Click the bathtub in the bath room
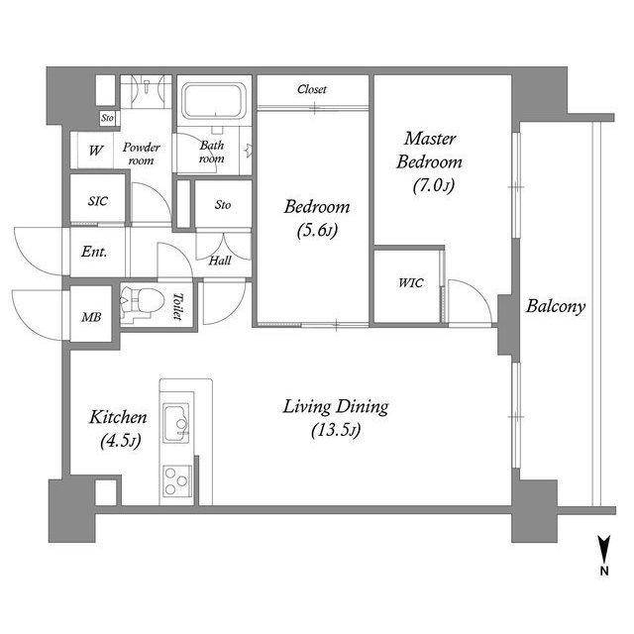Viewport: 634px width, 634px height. (214, 100)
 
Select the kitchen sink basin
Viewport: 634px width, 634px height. (176, 423)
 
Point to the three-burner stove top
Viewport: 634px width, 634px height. (177, 481)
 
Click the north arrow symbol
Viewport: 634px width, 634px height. (604, 549)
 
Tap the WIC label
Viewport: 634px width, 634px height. (410, 282)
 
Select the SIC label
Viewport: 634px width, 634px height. (98, 201)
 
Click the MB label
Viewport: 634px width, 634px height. (91, 317)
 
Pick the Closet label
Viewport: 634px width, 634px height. (312, 89)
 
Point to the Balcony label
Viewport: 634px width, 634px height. (556, 306)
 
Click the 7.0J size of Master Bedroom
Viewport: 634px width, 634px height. (434, 185)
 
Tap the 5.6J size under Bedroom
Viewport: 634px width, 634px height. (317, 231)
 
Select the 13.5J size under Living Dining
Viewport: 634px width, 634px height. (336, 430)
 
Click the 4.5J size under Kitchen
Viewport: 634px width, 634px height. (121, 441)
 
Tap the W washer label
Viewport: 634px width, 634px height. (95, 151)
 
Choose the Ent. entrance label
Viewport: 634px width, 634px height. (94, 252)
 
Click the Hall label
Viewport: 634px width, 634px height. (220, 261)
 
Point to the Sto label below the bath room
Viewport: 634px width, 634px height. (223, 205)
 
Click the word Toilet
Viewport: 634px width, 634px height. (177, 306)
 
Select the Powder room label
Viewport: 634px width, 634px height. (141, 154)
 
